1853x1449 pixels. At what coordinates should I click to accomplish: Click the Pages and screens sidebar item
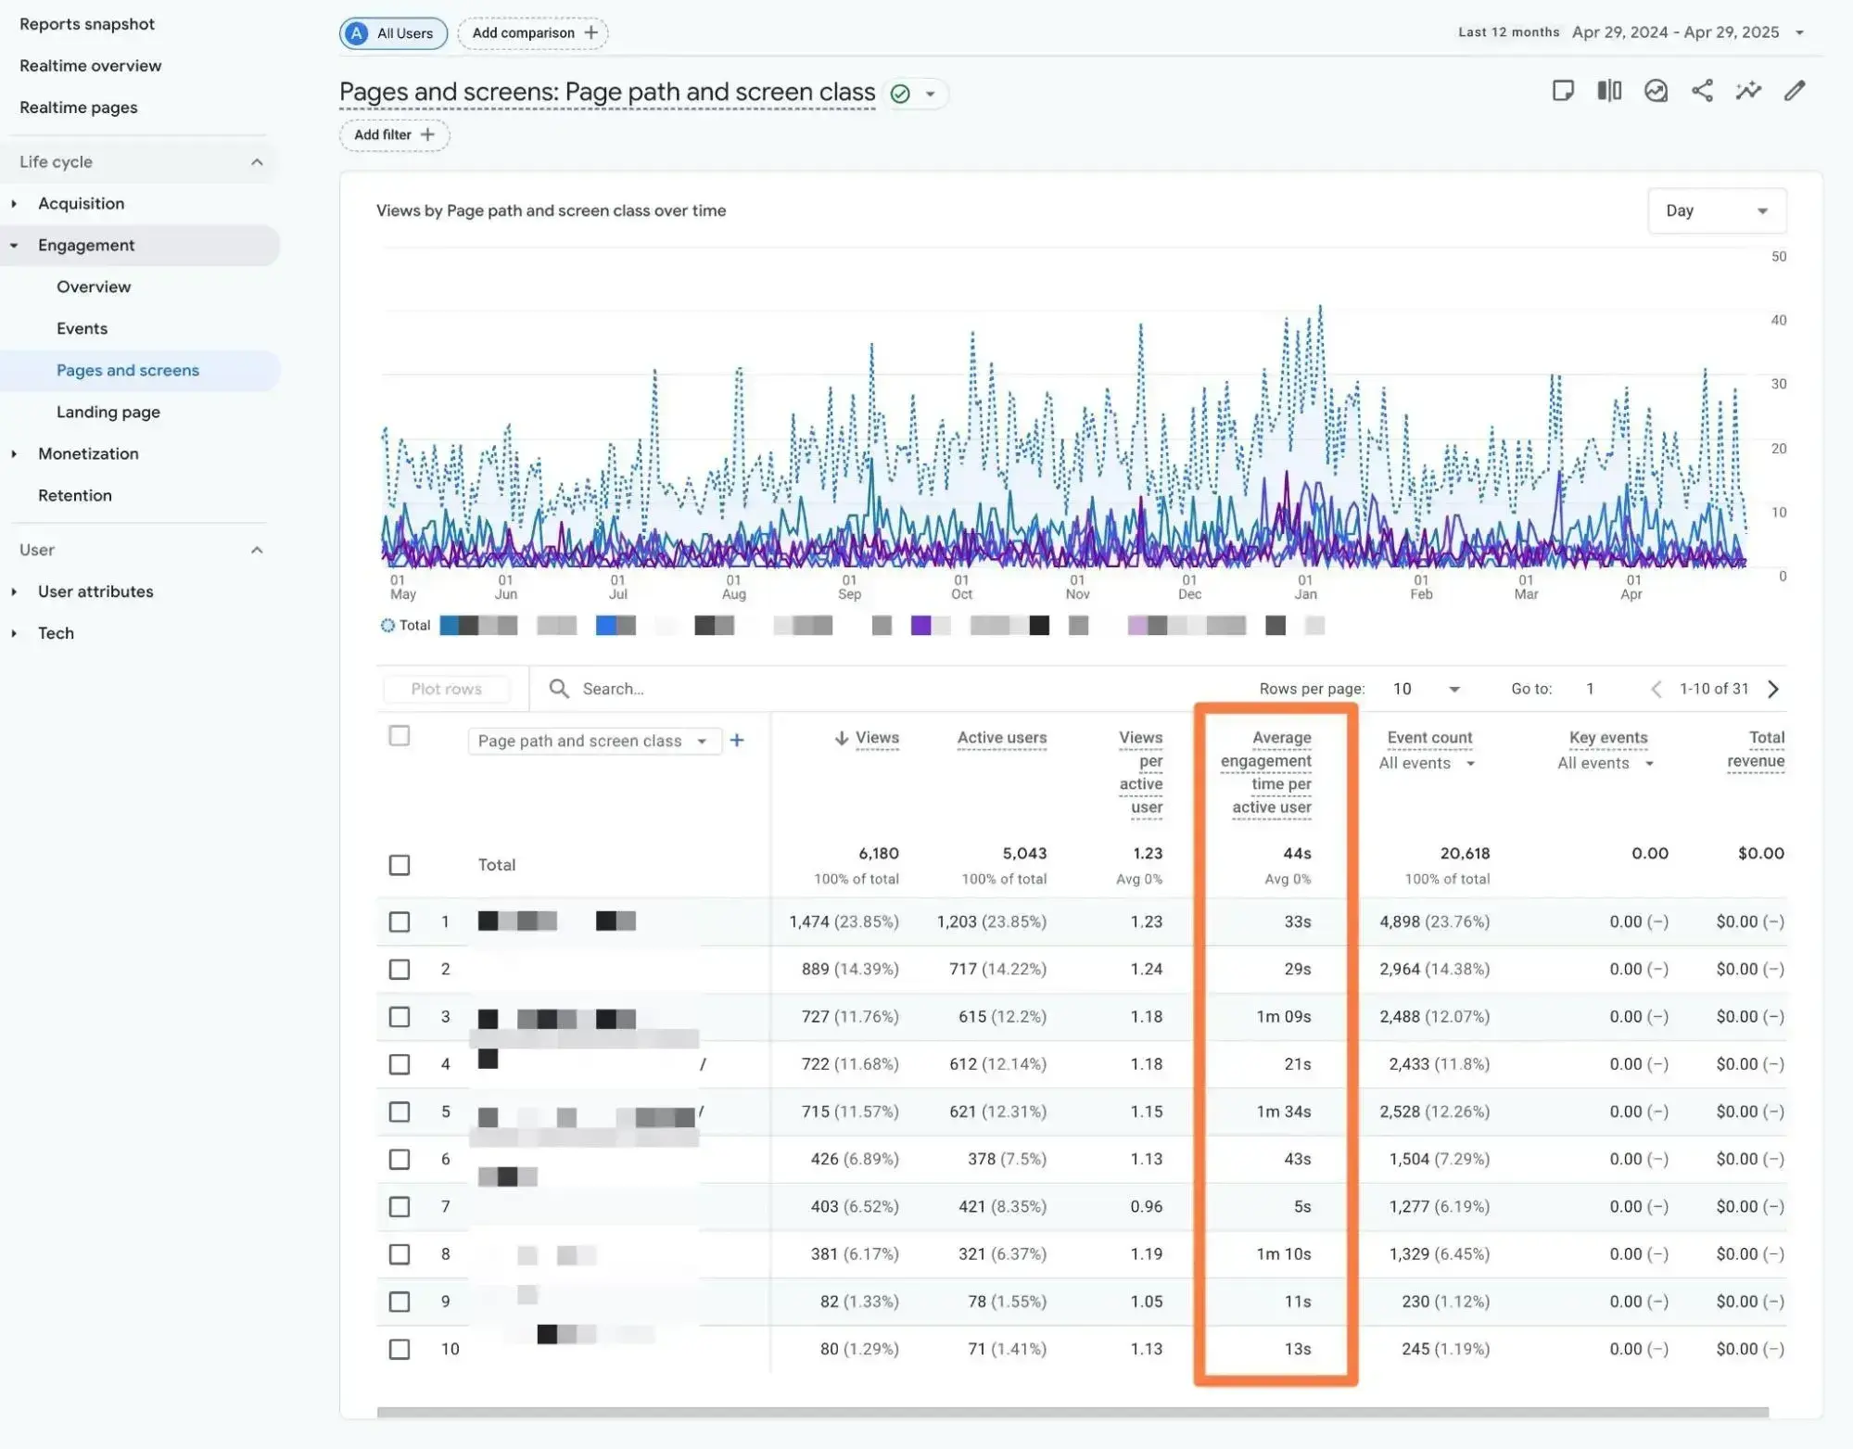128,370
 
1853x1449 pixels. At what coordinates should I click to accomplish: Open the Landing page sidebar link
108,412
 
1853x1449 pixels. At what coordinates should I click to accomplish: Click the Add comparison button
533,33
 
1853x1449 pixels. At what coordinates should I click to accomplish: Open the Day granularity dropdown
1716,210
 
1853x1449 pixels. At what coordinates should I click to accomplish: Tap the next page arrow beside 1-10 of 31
1773,689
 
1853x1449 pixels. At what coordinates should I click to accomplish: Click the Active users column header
1001,738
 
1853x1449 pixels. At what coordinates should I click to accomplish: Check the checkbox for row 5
400,1112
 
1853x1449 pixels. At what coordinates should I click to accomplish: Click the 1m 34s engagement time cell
1283,1112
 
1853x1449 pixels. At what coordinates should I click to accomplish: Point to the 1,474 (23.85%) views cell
843,922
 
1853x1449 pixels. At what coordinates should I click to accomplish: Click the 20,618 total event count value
1464,853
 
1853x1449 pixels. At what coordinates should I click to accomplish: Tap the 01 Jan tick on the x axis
1305,587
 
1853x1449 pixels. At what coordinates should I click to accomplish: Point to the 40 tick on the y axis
1778,321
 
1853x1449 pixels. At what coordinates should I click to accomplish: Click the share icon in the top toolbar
1702,91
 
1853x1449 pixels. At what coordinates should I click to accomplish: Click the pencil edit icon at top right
1795,91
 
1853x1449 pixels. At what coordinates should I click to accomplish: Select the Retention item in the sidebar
75,495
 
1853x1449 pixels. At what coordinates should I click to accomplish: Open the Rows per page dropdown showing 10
1426,689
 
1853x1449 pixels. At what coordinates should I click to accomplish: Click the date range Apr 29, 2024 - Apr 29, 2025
1675,32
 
